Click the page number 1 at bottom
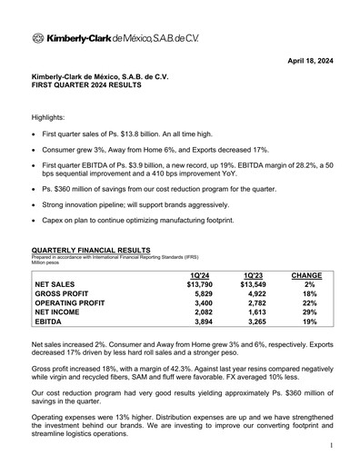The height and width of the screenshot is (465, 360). [334, 445]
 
